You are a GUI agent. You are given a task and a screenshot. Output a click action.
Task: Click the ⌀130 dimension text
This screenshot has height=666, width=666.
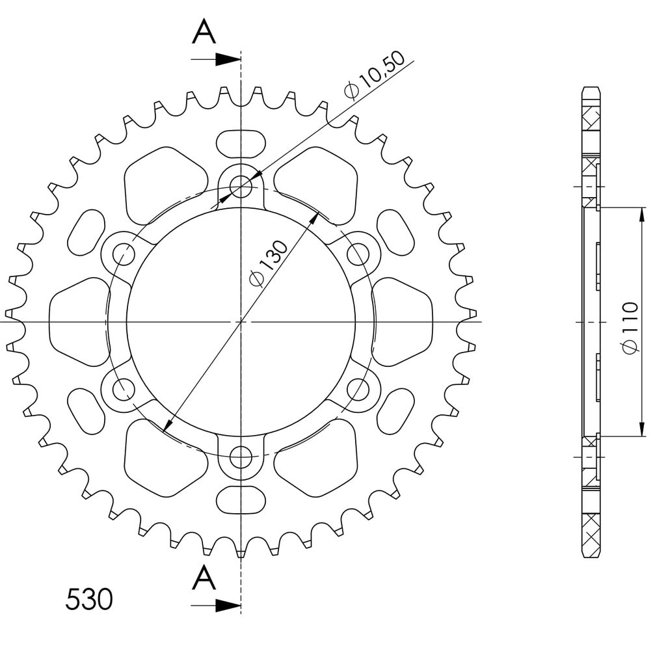[269, 264]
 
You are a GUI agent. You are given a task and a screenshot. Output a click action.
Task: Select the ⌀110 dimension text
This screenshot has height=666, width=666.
[630, 327]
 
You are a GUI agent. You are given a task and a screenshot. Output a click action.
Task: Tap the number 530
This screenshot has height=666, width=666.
[89, 599]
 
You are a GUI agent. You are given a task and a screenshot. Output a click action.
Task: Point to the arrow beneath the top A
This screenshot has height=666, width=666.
[216, 59]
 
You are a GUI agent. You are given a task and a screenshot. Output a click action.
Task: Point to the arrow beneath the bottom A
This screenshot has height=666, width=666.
[216, 606]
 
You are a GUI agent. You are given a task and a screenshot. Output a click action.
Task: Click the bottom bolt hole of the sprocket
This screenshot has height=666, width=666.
[241, 457]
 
